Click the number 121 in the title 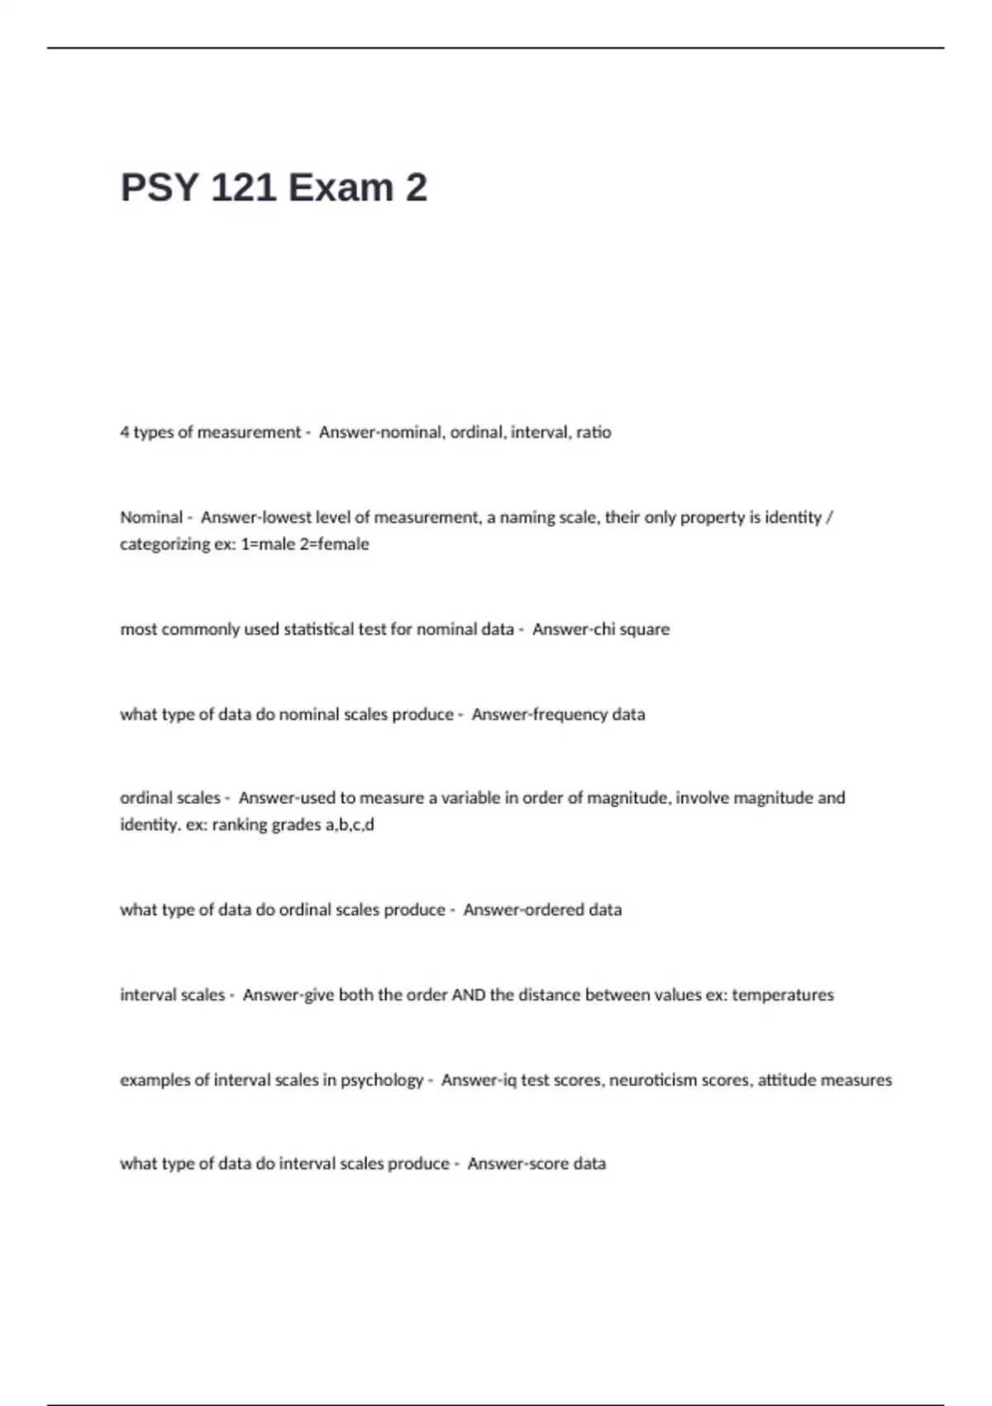(x=243, y=188)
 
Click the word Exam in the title (x=341, y=188)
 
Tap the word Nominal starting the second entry (x=151, y=517)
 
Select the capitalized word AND (x=468, y=994)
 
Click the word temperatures (x=783, y=994)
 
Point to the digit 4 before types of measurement (x=125, y=432)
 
